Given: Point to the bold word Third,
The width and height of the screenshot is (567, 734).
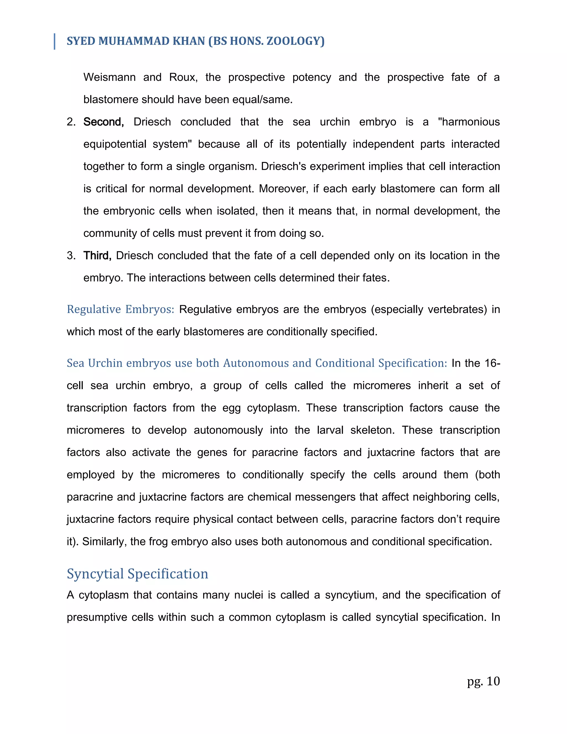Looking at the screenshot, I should point(97,255).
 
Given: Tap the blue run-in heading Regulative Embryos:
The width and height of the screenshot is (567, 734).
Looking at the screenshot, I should point(120,309).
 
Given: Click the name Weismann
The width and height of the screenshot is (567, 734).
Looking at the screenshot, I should point(109,77).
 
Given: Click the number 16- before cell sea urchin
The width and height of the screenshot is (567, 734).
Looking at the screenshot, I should point(493,363).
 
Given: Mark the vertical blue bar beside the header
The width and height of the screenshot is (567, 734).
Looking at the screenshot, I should point(55,41).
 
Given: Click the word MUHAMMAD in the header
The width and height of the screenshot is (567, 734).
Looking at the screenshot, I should point(133,41).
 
